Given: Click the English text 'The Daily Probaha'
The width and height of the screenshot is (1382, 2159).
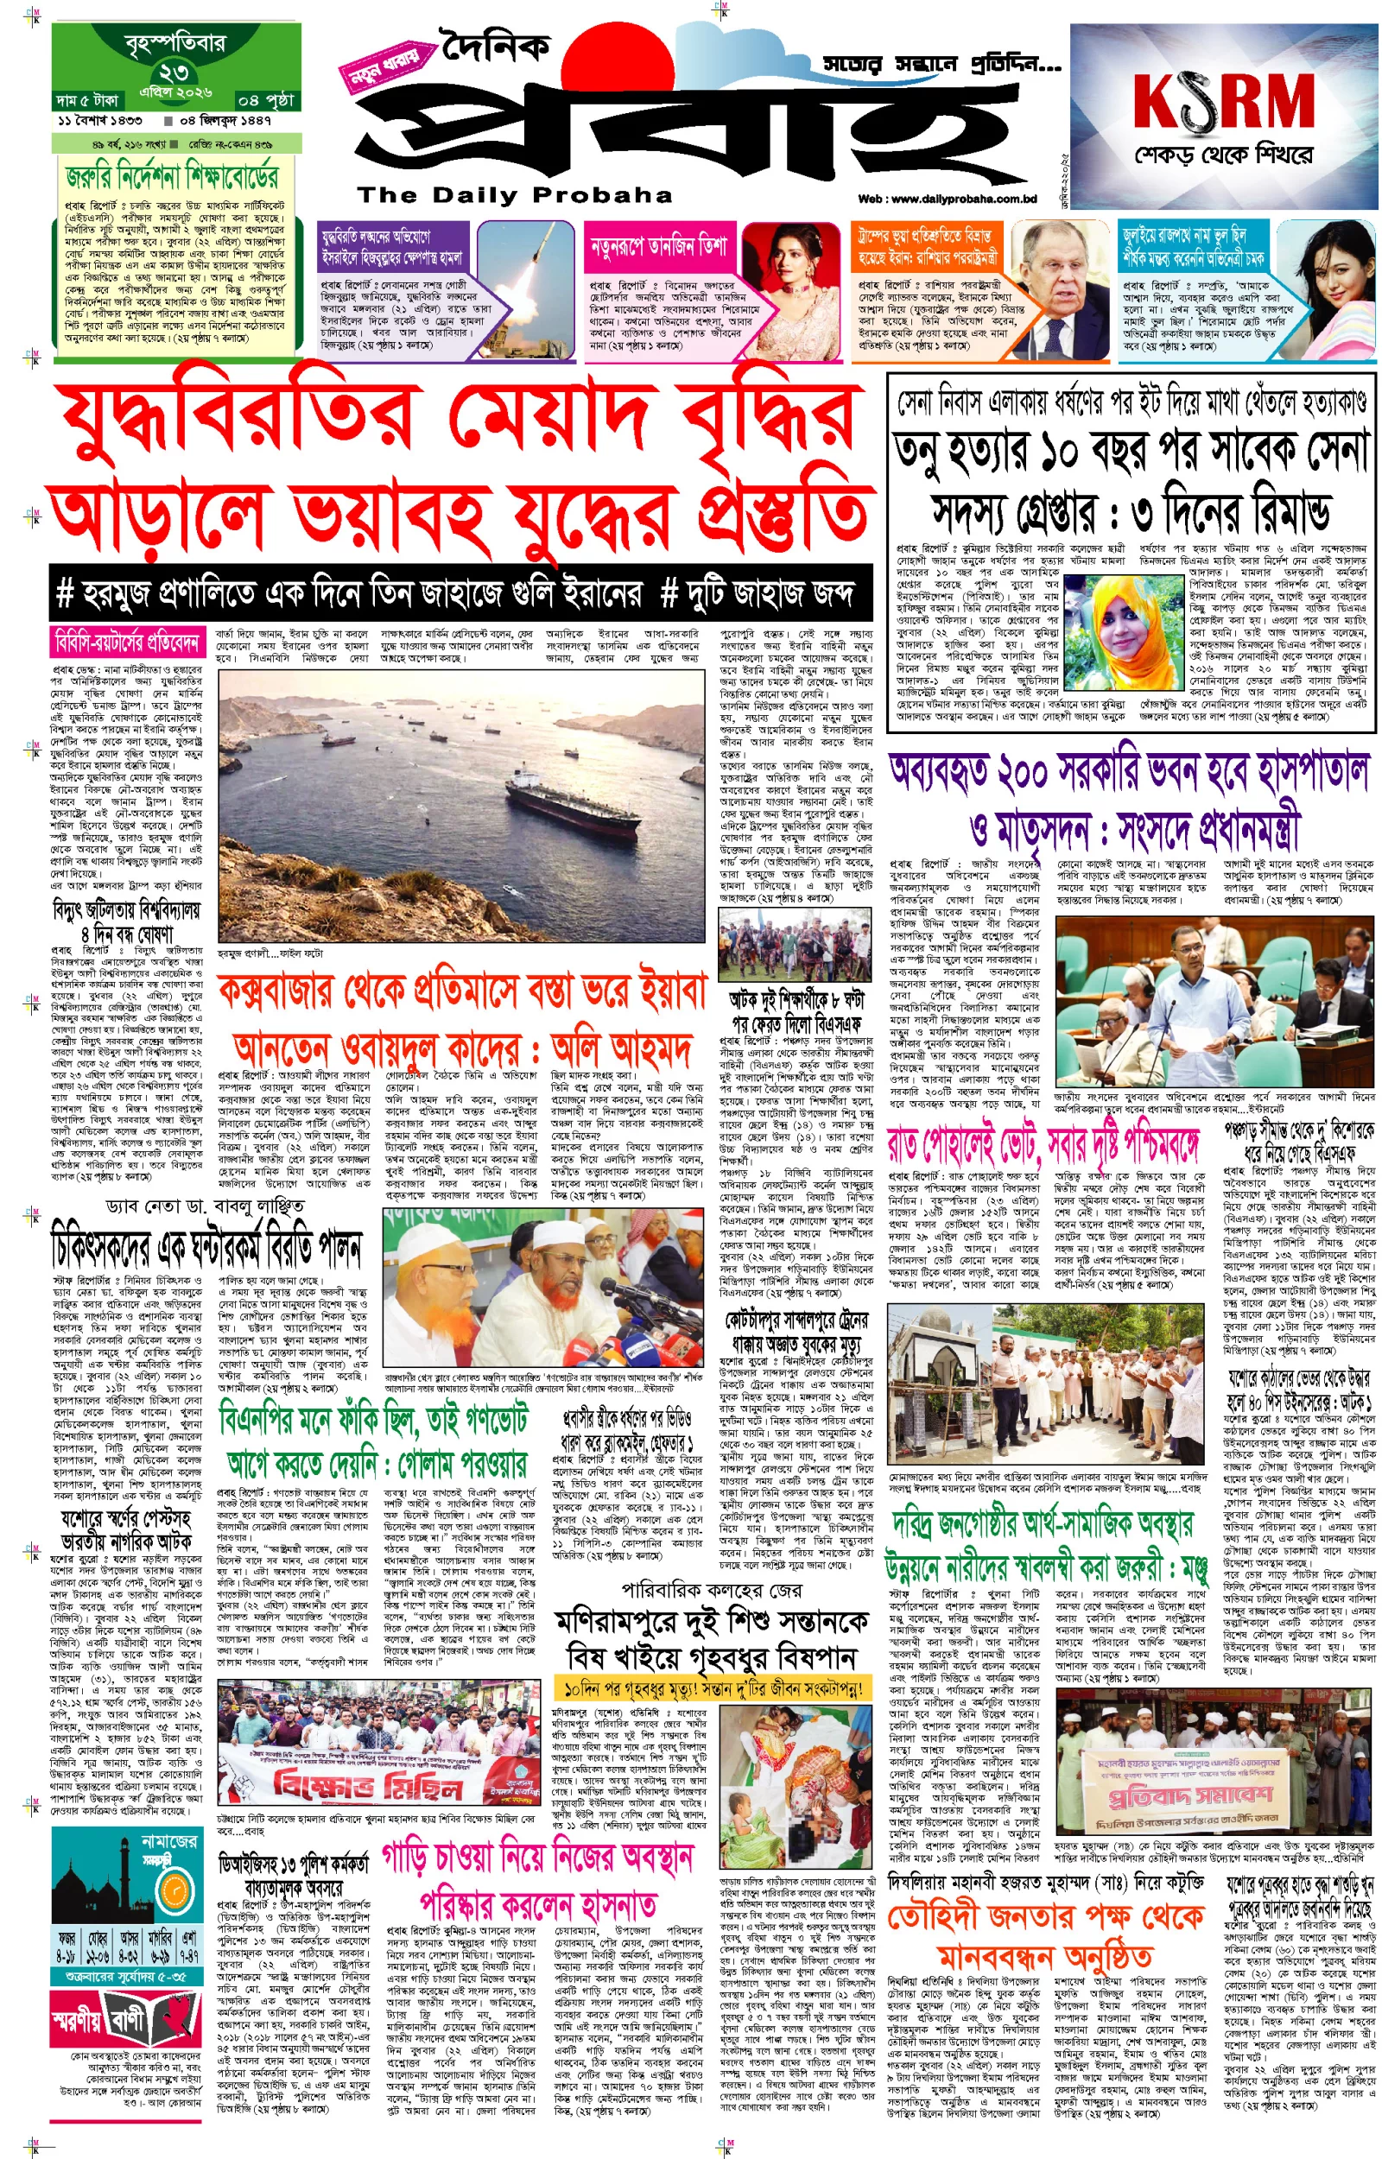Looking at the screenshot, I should point(514,194).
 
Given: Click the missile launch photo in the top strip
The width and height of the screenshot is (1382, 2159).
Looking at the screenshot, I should point(526,288).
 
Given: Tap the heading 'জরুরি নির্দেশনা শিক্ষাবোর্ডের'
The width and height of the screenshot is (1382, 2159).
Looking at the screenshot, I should point(172,176).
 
